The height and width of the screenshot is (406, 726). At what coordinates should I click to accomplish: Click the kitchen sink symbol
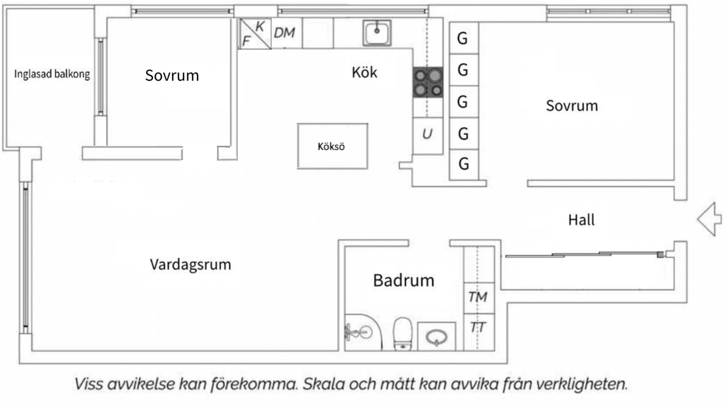[377, 33]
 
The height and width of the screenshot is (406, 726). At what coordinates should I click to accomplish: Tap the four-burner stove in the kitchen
[428, 82]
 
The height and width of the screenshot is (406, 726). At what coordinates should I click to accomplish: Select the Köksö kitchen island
[332, 146]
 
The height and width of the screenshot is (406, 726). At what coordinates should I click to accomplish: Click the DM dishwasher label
[284, 33]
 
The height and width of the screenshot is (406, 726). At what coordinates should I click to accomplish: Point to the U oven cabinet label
[427, 134]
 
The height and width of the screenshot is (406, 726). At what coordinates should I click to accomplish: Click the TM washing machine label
[478, 297]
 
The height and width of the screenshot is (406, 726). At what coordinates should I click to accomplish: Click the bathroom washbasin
[436, 337]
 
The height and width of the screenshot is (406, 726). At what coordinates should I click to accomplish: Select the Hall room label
[581, 220]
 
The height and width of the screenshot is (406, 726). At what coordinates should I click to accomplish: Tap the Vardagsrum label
[190, 265]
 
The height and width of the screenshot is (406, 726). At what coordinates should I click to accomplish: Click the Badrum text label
[404, 280]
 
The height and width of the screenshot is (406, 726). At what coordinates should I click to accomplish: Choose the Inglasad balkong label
[51, 74]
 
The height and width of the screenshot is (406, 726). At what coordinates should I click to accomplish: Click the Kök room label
[364, 72]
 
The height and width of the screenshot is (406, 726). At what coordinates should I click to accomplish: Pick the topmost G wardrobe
[463, 39]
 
